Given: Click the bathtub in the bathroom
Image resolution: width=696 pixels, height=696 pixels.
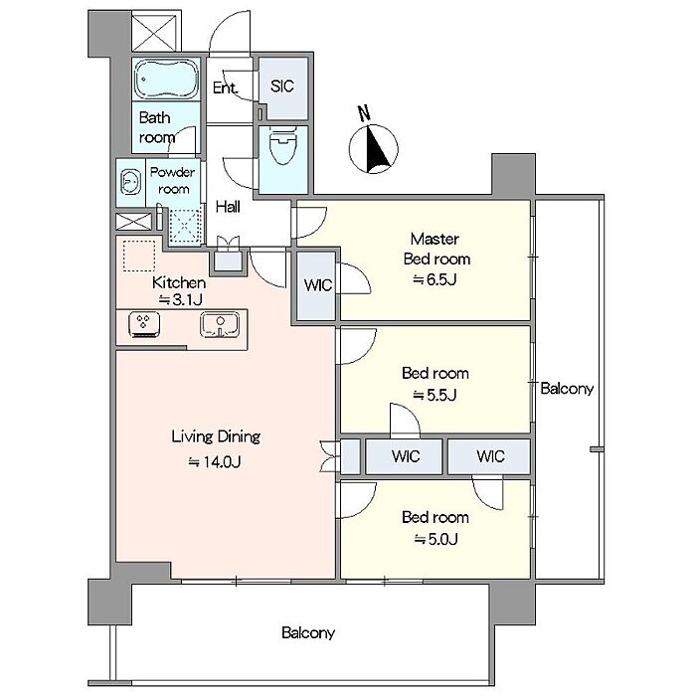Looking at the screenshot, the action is [166, 80].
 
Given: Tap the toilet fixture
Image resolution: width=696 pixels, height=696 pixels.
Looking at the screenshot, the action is [282, 145].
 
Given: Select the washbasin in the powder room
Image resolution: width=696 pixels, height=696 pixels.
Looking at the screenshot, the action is [130, 183].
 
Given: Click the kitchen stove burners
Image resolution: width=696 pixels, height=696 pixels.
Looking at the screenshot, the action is [144, 324].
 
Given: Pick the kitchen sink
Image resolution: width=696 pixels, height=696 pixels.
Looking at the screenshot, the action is [220, 324].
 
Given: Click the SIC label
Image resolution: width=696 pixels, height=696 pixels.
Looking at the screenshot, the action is [281, 87].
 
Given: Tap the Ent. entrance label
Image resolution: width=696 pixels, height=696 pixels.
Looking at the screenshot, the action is [225, 87].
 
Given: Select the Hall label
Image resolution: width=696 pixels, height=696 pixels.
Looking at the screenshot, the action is [228, 207].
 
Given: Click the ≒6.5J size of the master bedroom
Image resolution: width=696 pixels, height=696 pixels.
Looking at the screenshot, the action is [435, 279].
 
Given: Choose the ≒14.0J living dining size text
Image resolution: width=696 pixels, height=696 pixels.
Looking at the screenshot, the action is [215, 462].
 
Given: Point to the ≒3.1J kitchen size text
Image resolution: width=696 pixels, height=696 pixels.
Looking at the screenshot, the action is [181, 300].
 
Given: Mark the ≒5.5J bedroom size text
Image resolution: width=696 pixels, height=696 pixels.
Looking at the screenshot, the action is [435, 395].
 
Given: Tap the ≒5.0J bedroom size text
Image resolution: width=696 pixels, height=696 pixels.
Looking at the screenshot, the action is [435, 539].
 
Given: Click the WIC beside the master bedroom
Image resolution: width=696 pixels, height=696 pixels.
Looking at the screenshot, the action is [318, 284].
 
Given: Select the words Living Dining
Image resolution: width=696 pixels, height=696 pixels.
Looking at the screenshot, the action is [216, 436].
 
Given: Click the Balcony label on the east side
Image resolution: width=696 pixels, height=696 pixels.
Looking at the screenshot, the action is [567, 389].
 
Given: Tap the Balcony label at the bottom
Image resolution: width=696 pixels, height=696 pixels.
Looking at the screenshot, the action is [308, 632].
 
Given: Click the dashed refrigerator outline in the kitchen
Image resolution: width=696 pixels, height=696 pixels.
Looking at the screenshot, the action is [139, 256].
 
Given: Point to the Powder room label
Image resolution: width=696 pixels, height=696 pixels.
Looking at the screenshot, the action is [173, 180].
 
